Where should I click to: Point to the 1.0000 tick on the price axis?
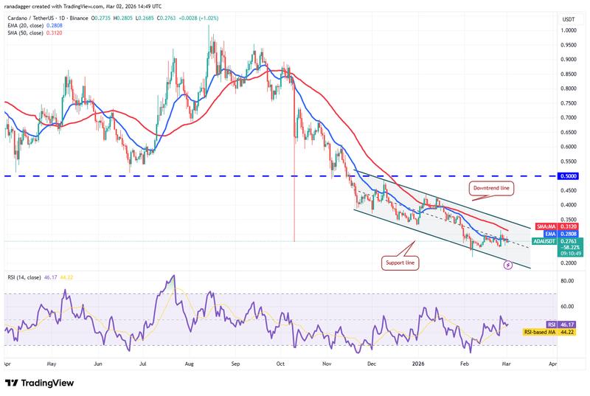567,31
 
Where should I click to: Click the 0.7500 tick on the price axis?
567,103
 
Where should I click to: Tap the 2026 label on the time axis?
418,364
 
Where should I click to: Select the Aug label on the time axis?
190,364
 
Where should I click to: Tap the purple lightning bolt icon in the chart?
507,264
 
